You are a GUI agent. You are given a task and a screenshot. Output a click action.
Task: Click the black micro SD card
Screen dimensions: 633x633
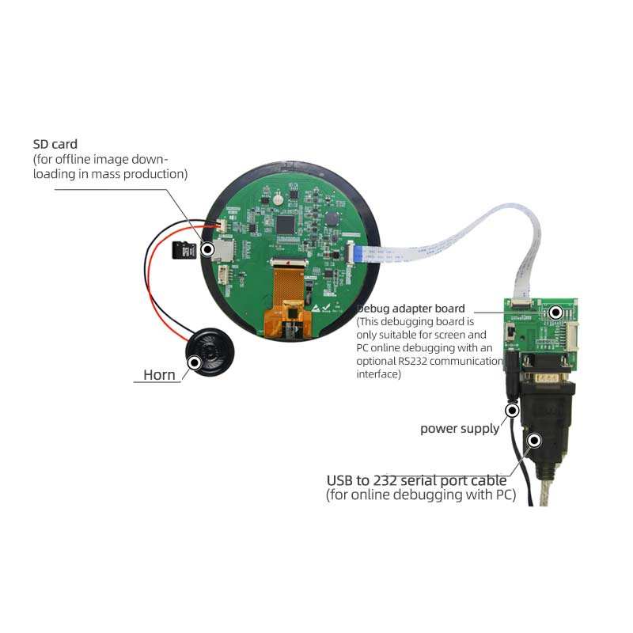click(x=184, y=250)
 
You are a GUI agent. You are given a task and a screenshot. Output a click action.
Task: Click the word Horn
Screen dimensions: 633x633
click(x=159, y=375)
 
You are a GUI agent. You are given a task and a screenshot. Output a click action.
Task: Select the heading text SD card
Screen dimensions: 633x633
click(x=55, y=144)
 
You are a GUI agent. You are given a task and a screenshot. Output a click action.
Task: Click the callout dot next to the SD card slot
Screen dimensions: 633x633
click(x=208, y=250)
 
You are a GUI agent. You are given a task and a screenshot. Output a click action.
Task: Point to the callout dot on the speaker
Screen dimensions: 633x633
click(x=195, y=362)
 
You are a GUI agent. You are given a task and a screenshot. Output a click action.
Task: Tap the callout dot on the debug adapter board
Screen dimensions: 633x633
click(x=555, y=313)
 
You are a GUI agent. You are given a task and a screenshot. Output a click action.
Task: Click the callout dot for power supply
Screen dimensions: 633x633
click(x=513, y=410)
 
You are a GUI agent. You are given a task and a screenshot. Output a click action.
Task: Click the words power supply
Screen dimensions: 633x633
click(x=459, y=429)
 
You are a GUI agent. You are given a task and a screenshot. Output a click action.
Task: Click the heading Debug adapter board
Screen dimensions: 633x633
click(x=411, y=308)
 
